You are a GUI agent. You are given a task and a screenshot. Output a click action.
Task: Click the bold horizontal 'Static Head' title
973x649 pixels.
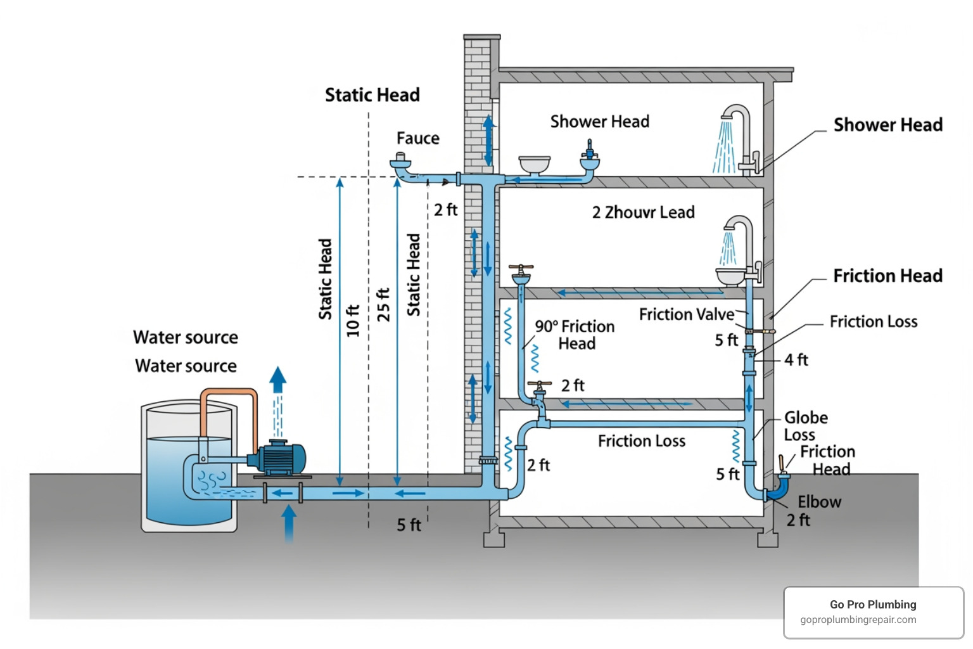372,95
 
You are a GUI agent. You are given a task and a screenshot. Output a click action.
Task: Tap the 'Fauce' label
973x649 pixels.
417,138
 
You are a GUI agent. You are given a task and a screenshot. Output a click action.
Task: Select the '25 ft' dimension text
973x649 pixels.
383,304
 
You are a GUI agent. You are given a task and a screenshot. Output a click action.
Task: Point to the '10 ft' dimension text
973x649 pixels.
353,320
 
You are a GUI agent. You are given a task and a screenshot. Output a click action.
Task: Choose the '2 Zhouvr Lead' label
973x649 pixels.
643,212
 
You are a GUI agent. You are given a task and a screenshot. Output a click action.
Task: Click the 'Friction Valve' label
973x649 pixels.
686,314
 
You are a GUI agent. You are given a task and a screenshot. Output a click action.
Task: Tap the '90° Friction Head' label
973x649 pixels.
575,335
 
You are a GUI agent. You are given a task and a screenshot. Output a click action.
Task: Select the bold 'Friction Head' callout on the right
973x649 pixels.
887,276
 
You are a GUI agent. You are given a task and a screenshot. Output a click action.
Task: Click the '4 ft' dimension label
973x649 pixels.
796,360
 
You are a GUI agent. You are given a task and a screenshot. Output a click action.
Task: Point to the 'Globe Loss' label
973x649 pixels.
805,426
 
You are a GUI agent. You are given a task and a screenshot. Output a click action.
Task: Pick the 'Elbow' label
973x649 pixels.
819,502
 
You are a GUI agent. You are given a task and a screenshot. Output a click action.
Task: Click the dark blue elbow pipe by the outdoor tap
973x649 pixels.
778,490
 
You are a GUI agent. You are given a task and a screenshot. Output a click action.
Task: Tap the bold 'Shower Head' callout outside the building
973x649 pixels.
887,125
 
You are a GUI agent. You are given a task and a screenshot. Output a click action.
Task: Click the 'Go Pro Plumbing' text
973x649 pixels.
873,605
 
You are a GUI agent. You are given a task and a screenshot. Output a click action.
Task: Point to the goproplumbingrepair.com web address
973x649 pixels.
858,620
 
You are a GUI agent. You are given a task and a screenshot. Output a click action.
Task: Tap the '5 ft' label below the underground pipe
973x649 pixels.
409,525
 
